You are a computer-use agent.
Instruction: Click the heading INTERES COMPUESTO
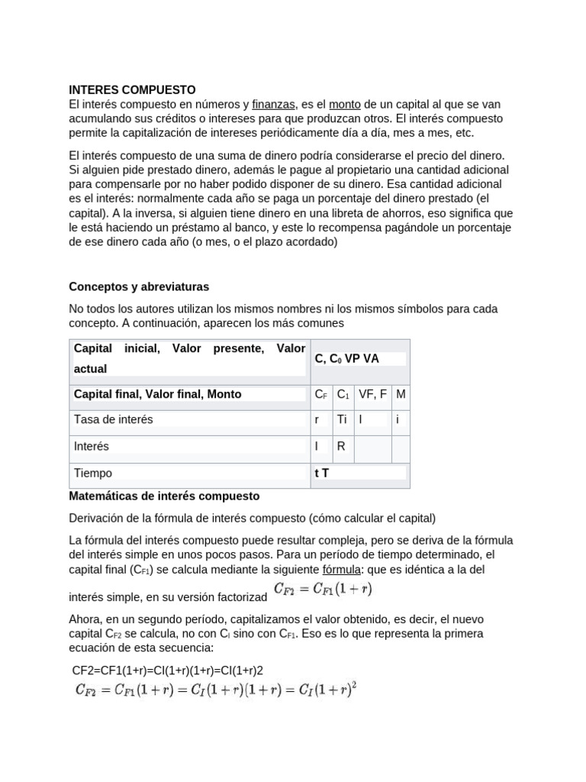tap(132, 89)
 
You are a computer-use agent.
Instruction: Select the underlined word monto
tap(345, 104)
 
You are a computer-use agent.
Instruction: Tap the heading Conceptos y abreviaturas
tap(139, 286)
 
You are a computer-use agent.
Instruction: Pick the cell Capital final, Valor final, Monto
tap(157, 394)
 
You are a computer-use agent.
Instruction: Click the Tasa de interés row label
tap(113, 419)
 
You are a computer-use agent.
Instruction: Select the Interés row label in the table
tap(92, 446)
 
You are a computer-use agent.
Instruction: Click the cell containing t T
tap(322, 473)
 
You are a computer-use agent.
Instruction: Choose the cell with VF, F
tap(372, 394)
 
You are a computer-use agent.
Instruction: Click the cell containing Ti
tap(342, 419)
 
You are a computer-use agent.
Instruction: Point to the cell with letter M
tap(401, 394)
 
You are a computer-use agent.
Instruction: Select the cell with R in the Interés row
tap(341, 446)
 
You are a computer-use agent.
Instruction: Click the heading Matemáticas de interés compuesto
tap(164, 496)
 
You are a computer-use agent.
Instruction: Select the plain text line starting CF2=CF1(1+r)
tap(167, 671)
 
